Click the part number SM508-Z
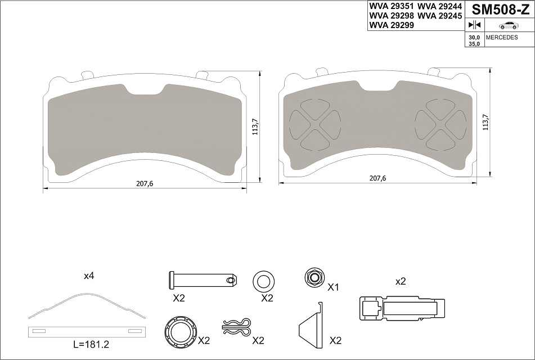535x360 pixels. point(500,10)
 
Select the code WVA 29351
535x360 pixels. point(392,7)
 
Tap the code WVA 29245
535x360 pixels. point(439,16)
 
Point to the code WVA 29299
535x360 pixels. point(392,25)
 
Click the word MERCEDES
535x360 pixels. point(502,37)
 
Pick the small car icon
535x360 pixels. point(509,25)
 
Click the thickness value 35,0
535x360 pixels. point(474,44)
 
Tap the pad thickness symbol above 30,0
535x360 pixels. point(474,25)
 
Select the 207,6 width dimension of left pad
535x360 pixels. point(145,183)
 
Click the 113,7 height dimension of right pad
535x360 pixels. point(486,122)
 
